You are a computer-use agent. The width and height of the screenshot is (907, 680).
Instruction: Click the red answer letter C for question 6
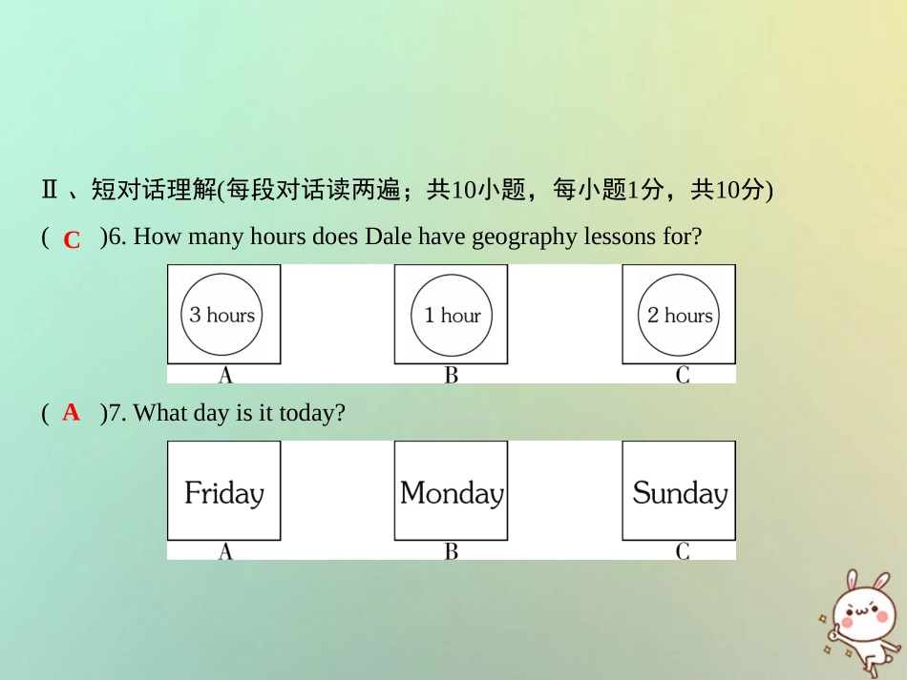pos(72,240)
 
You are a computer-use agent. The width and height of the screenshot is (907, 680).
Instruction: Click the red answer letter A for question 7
pos(71,413)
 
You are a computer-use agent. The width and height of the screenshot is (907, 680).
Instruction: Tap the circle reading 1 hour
pos(452,315)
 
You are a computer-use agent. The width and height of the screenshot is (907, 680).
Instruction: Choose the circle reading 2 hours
pos(679,315)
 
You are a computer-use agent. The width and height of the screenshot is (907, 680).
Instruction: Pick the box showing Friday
pos(224,492)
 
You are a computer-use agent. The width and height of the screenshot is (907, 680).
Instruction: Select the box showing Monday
pos(452,492)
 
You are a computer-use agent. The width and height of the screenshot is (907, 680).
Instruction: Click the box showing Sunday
pos(679,492)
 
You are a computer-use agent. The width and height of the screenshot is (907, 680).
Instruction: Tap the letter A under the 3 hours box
pos(225,376)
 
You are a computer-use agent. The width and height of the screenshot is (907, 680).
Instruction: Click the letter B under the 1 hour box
pos(452,376)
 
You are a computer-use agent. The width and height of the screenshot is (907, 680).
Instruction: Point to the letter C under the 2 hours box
pos(682,376)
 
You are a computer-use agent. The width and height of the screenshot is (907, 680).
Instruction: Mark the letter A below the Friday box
pos(225,551)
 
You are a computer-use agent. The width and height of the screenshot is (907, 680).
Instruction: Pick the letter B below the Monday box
pos(452,551)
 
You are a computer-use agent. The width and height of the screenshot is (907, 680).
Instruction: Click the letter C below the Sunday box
pos(682,551)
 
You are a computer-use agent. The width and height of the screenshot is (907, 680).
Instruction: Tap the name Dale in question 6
pos(385,237)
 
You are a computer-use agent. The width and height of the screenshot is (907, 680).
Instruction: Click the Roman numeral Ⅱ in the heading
pos(50,191)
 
